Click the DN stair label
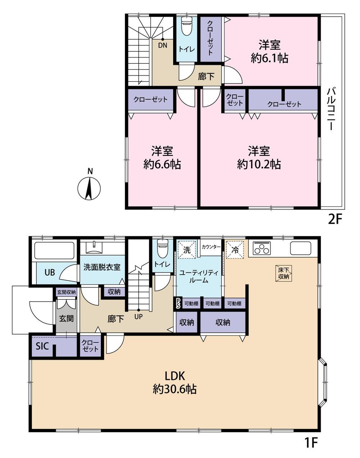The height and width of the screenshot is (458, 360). [163, 45]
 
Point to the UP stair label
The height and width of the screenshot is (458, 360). [139, 316]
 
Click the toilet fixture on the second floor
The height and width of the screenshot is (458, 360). [186, 26]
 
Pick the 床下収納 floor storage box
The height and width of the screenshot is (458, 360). [284, 274]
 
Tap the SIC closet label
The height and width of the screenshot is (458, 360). [42, 346]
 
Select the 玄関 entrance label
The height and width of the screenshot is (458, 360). [66, 319]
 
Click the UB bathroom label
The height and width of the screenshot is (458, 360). [50, 272]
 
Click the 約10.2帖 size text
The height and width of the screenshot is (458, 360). [259, 165]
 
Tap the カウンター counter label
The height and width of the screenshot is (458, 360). [211, 247]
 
